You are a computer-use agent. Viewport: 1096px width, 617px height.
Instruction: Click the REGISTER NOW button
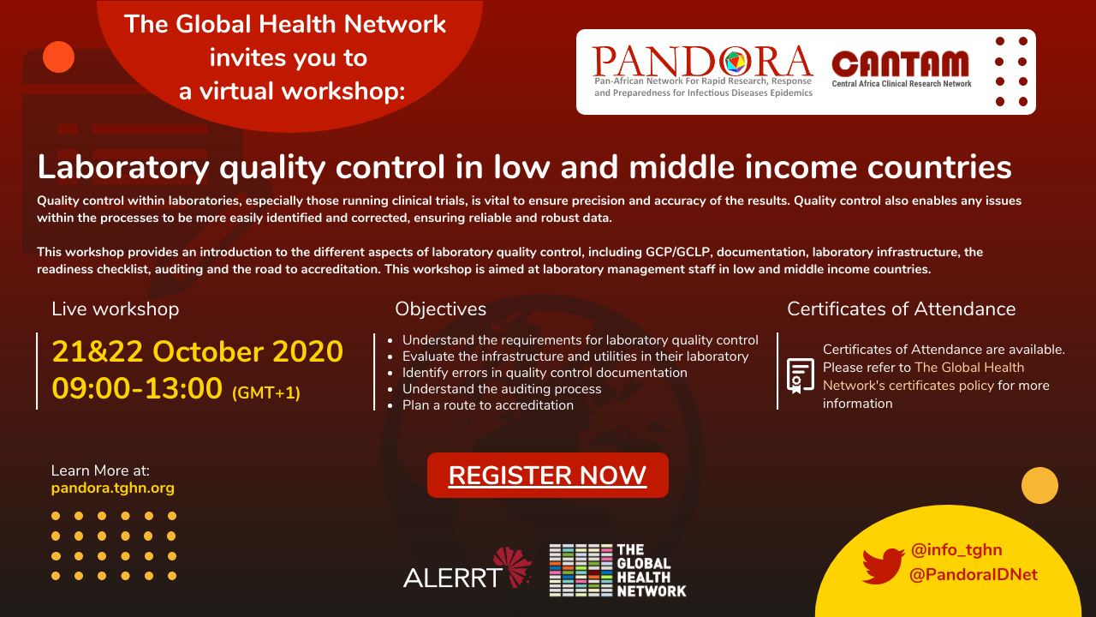tap(547, 475)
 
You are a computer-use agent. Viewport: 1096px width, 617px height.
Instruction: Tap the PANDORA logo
tap(703, 71)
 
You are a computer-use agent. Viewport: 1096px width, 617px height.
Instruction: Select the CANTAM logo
tap(902, 69)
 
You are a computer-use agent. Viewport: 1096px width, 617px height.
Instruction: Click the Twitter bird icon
tap(883, 566)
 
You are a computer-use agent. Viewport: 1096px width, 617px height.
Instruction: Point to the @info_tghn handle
tap(956, 550)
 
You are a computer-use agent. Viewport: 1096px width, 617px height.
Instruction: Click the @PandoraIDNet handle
tap(974, 574)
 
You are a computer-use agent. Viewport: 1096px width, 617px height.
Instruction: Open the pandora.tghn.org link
tap(112, 488)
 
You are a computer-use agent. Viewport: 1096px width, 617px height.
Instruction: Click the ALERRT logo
tap(467, 568)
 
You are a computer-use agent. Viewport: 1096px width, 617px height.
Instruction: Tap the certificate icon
tap(801, 375)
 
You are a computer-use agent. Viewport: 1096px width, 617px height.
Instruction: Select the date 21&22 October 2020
tap(198, 351)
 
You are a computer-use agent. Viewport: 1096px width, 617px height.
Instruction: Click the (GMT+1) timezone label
tap(265, 392)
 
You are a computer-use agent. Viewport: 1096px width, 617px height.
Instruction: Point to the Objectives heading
tap(440, 309)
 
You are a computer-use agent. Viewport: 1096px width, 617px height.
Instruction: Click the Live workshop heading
tap(115, 309)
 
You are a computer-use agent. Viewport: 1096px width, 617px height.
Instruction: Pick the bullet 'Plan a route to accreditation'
tap(488, 405)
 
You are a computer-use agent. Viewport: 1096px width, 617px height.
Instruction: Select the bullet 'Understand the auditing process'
tap(502, 389)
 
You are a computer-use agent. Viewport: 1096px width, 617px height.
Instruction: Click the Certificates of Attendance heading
tap(902, 309)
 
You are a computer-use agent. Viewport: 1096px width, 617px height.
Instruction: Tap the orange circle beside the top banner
tap(59, 57)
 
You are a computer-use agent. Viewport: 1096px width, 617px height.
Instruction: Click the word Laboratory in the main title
tap(123, 168)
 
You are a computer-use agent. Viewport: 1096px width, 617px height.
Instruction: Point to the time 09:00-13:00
tap(137, 388)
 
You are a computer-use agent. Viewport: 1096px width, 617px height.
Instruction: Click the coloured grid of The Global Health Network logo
tap(581, 570)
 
